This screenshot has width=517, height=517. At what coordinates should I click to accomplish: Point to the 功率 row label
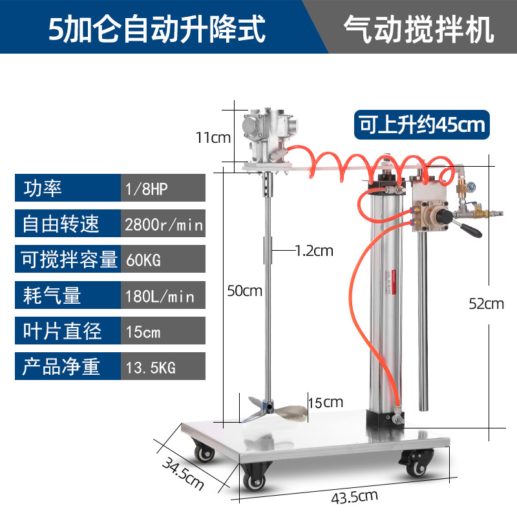coord(43,188)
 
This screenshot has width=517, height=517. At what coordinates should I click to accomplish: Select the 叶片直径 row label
coord(62,331)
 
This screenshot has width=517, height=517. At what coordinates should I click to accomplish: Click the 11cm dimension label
coord(213,138)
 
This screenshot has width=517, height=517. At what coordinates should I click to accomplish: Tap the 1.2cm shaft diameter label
coord(314,251)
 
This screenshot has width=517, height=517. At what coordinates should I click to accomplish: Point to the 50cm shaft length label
coord(245,291)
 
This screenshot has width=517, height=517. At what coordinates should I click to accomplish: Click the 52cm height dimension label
coord(487,304)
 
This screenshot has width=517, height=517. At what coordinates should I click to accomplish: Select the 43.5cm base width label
coord(354,497)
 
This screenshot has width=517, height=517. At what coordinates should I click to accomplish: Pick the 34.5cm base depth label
coord(184,474)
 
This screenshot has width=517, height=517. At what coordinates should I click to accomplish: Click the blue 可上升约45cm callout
coord(422,125)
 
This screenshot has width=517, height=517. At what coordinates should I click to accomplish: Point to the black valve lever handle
coord(472,230)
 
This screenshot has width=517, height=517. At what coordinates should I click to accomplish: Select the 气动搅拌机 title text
coord(419,29)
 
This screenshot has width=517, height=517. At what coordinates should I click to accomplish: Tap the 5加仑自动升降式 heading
coord(157,29)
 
